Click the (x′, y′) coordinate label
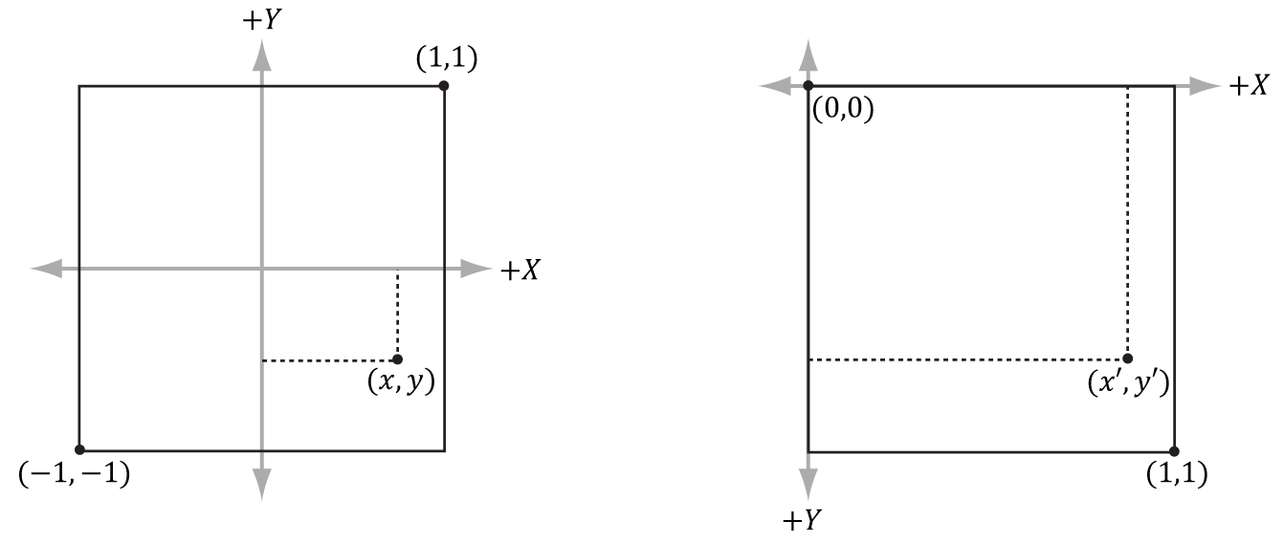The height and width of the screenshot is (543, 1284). tap(1130, 383)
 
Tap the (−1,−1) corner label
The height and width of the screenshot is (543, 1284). tap(74, 474)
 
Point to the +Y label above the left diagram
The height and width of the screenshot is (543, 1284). tap(261, 20)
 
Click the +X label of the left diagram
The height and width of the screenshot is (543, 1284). tap(520, 271)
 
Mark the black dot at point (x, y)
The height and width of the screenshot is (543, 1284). tap(397, 360)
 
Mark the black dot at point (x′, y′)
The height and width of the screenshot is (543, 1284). tap(1127, 358)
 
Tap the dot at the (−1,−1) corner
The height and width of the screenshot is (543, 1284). tap(79, 450)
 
